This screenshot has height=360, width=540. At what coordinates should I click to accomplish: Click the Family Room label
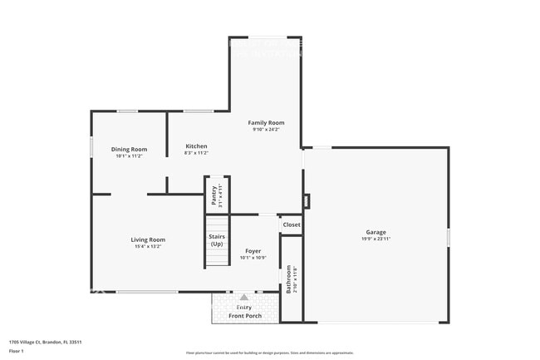pos(266,122)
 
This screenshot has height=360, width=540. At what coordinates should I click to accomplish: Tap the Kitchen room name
pos(196,146)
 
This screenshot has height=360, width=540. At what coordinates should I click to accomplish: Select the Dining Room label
pos(129,149)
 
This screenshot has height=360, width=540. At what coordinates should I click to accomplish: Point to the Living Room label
pos(148,239)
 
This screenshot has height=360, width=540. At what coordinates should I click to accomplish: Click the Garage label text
pos(376,232)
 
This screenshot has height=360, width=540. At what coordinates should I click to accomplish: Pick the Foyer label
pos(253,250)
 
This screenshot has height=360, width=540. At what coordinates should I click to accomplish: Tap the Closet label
pos(292,224)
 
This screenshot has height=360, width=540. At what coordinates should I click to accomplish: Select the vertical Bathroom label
pos(289,279)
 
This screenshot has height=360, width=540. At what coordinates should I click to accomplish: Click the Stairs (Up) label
pos(217,240)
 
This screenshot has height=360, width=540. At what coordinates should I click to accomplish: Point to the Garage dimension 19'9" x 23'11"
pos(376,239)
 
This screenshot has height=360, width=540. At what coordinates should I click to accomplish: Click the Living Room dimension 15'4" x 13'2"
pos(148,246)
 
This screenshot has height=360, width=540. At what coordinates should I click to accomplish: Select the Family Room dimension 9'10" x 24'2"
pos(266,129)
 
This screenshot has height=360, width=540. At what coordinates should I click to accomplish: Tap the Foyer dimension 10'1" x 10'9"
pos(253,257)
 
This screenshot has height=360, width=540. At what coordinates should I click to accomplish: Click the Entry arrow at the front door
pos(243,297)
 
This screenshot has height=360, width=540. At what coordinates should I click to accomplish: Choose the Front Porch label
pos(244,315)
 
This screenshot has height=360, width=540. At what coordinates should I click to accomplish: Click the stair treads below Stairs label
pos(218,258)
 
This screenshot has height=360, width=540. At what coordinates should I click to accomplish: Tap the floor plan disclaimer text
pos(269,353)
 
